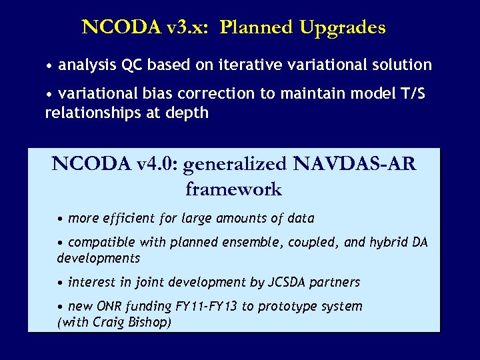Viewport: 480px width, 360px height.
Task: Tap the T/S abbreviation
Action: point(410,94)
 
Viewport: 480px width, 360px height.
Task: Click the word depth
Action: point(189,113)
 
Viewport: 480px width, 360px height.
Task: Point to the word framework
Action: point(233,189)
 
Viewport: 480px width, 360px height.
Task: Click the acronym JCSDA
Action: point(286,282)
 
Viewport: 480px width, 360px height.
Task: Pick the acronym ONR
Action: point(109,307)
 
